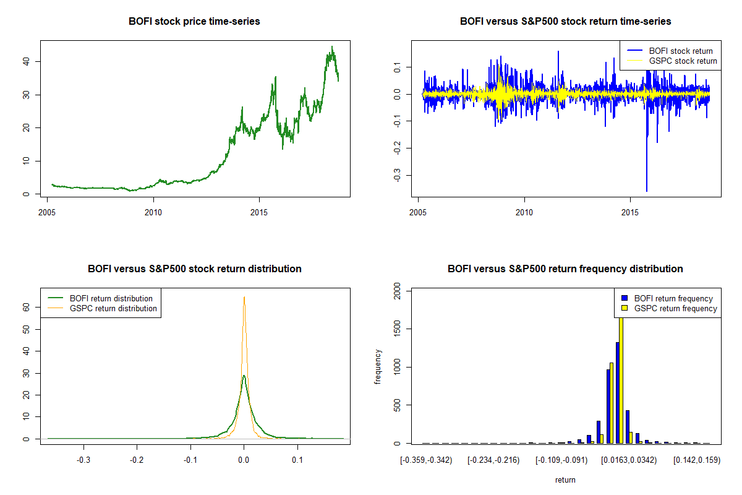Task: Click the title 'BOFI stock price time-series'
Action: pos(194,22)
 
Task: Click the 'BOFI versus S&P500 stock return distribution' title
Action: pos(194,269)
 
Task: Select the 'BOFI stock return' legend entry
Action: pos(680,51)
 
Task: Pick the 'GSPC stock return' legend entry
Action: pos(683,61)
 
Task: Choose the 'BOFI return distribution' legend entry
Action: pos(111,298)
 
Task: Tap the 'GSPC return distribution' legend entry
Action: pos(113,308)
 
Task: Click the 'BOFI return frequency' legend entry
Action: pos(678,298)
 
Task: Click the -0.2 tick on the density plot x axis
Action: pos(137,460)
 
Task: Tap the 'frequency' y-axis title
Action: pos(378,367)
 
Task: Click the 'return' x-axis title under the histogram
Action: pos(565,480)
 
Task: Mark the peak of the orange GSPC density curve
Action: pos(244,298)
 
